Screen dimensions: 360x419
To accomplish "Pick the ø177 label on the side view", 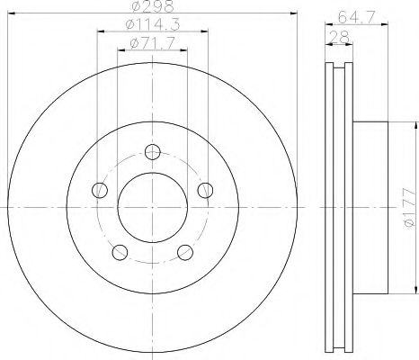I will pos(407,210).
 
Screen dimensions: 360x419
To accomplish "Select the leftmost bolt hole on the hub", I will pos(99,190).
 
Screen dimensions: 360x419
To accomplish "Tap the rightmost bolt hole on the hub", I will pos(206,189).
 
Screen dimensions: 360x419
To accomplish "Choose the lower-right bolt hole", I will pos(185,252).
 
